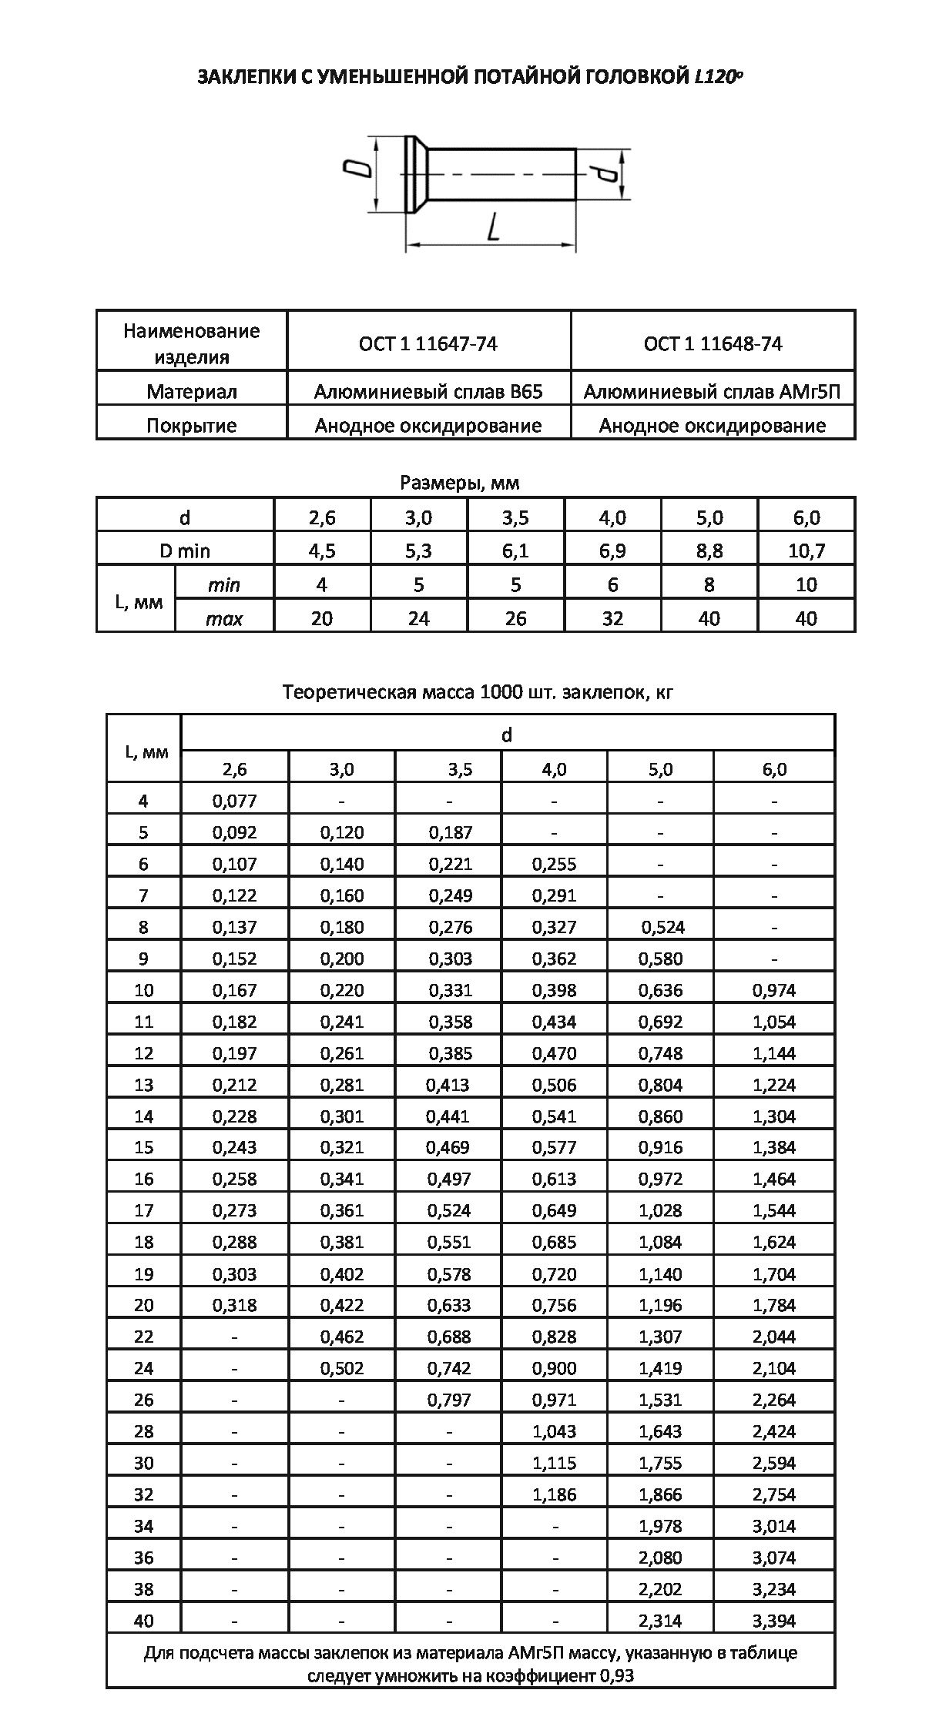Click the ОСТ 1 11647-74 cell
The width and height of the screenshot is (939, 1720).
[x=428, y=343]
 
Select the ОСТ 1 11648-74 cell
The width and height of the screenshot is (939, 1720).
[x=713, y=343]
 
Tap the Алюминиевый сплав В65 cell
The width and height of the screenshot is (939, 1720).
[x=428, y=392]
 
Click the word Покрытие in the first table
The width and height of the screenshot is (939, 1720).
[x=191, y=426]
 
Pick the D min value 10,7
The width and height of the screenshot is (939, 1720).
[x=806, y=551]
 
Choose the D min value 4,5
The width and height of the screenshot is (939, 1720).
[x=322, y=551]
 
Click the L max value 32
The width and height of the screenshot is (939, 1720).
[x=612, y=619]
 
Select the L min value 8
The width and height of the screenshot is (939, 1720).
[x=709, y=585]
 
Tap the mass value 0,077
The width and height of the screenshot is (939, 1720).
[x=234, y=801]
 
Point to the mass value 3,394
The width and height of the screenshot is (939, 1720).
[x=774, y=1621]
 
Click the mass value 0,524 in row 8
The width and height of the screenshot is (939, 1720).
[x=662, y=927]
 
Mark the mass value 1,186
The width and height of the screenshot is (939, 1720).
[x=554, y=1494]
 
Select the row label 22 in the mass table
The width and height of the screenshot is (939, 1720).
[x=144, y=1337]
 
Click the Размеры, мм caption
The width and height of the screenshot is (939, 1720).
[x=459, y=483]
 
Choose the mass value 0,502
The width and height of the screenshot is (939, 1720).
[x=342, y=1368]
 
